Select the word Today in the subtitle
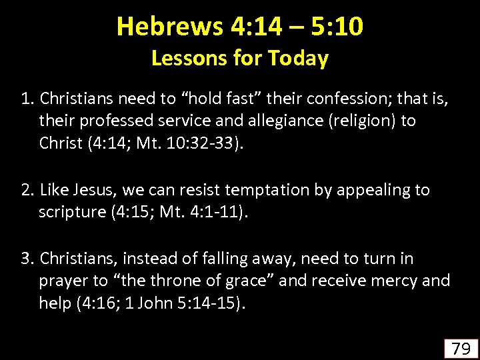[x=299, y=59]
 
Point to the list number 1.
[x=26, y=99]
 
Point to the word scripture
[x=71, y=213]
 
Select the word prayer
[x=64, y=281]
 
